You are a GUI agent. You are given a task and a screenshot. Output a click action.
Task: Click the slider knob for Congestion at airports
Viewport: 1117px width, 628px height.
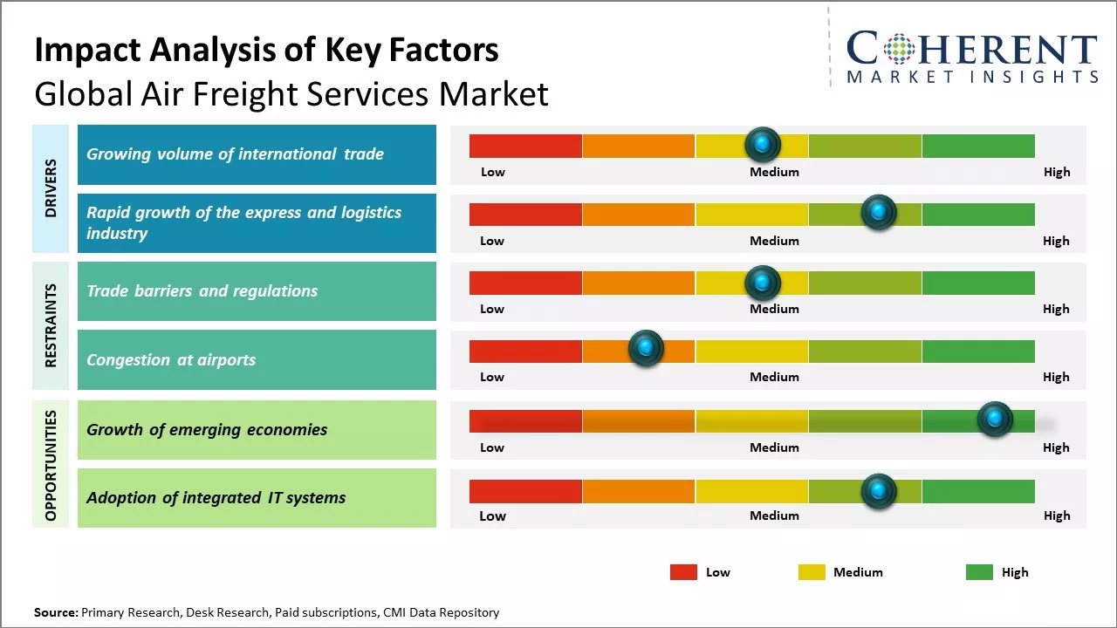[x=646, y=348]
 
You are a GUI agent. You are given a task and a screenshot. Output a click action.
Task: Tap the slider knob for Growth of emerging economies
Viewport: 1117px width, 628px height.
[x=995, y=419]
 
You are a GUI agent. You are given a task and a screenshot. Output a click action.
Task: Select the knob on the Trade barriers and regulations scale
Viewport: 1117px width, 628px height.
[x=763, y=283]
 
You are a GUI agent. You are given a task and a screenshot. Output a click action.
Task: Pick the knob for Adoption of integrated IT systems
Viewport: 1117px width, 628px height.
[x=879, y=491]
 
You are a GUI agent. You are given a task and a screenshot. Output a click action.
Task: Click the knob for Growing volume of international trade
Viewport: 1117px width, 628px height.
[x=763, y=144]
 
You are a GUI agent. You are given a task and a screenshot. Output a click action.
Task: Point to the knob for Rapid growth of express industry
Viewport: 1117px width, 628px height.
[x=879, y=212]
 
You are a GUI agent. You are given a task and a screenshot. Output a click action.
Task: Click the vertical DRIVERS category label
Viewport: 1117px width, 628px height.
[x=51, y=188]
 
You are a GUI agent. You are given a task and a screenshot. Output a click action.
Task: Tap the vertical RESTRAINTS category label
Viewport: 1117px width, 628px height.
[x=51, y=324]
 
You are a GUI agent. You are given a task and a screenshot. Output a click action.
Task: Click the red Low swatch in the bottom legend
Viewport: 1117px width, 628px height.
[x=683, y=572]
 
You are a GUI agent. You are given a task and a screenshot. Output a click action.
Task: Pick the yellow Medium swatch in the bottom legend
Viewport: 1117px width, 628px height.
[x=812, y=572]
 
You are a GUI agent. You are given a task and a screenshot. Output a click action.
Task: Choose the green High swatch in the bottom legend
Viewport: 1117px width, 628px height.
[x=979, y=572]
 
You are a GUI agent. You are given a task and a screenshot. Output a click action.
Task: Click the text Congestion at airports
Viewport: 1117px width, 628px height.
[x=171, y=360]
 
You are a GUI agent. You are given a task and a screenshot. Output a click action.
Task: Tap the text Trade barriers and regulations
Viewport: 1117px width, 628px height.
[x=202, y=291]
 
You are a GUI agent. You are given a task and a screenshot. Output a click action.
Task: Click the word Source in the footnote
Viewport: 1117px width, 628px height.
[x=55, y=613]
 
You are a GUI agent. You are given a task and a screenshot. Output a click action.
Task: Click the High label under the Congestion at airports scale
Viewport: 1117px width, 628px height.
[x=1056, y=378]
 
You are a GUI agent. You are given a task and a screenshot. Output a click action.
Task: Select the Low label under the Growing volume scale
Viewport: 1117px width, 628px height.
[x=493, y=173]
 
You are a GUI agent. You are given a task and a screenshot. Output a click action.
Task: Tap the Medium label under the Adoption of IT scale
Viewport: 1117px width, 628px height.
[x=774, y=516]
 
